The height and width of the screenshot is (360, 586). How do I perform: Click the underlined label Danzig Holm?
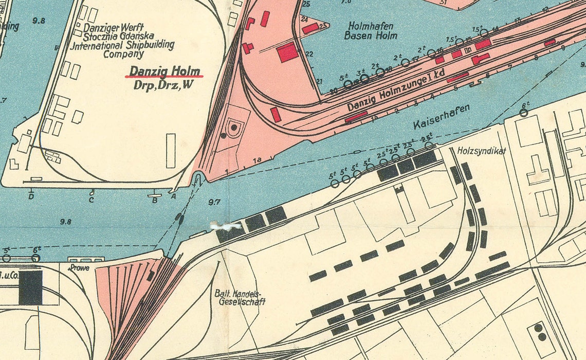[164, 71]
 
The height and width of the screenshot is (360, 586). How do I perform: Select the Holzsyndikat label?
[482, 151]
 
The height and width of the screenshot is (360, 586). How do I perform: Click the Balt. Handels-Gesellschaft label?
[240, 297]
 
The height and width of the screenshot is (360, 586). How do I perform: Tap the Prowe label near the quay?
[79, 267]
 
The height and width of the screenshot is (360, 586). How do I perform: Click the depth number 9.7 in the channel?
[214, 202]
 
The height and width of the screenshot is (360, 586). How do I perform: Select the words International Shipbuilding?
[122, 45]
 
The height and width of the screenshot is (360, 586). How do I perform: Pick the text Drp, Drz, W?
[163, 85]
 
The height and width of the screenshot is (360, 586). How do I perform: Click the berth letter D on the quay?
[31, 196]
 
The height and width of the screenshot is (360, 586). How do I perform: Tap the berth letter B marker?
[154, 200]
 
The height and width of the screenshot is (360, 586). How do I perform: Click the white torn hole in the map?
[225, 225]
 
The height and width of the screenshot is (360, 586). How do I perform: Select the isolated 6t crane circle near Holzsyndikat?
[523, 113]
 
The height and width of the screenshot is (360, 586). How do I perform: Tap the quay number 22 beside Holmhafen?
[309, 54]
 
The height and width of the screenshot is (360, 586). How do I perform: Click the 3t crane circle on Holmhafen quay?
[364, 79]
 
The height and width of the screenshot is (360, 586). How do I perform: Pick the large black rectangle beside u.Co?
[30, 288]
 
